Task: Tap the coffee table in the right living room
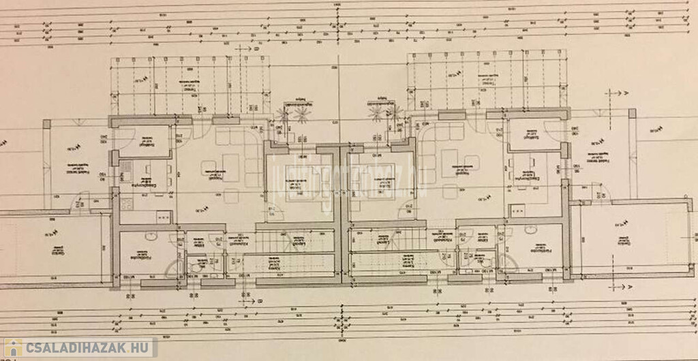(x=451, y=163)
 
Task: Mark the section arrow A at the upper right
(x=626, y=92)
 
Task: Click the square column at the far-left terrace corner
(x=46, y=124)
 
